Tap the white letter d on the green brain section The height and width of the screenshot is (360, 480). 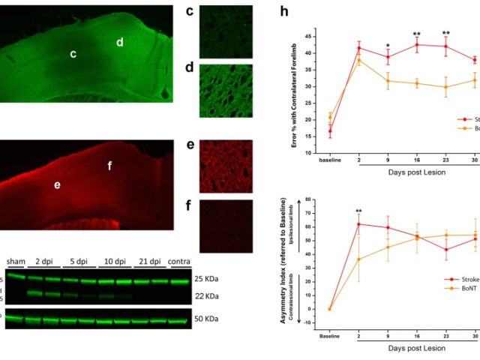120,43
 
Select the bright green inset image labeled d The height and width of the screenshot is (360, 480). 226,91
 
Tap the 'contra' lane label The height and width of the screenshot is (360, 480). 181,261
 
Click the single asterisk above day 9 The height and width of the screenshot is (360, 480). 387,46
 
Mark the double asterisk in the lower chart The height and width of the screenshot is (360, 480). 360,212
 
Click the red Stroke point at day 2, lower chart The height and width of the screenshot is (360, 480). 359,224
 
